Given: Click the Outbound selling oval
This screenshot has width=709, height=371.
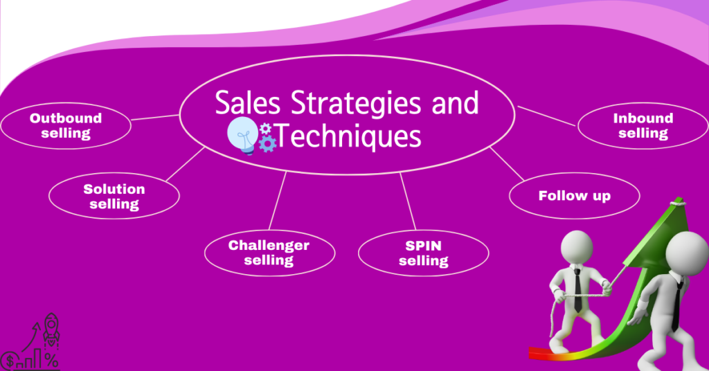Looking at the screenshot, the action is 66,125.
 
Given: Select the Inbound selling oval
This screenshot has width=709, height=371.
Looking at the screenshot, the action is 643,125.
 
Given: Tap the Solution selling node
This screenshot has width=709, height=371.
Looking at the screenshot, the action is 114,196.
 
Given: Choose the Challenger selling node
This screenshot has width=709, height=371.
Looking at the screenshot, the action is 269,253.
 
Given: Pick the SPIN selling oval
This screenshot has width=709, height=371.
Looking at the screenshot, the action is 423,253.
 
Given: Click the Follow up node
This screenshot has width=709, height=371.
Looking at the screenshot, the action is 574,196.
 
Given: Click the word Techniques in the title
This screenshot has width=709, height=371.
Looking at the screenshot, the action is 349,136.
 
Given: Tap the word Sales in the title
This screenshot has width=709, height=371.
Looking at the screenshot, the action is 247,102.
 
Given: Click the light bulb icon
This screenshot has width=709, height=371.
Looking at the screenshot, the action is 243,135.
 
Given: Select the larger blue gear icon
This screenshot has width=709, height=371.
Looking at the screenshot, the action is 268,144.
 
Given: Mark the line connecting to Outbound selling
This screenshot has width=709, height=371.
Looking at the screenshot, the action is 155,118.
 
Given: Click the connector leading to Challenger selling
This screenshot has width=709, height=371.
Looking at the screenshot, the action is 278,201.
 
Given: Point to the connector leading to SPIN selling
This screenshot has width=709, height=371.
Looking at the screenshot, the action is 408,201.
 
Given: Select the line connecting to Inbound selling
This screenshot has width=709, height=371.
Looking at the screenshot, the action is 547,116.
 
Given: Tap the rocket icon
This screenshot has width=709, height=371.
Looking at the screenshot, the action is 51,330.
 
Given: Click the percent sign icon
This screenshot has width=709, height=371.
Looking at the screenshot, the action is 51,361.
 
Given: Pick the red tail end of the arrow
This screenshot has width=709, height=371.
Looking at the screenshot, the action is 534,353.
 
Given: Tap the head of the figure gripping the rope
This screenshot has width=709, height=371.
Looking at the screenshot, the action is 577,248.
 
